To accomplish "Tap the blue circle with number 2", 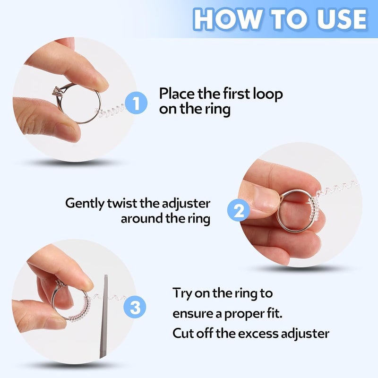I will tap(239, 210).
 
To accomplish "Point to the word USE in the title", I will tap(340, 19).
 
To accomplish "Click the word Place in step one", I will tap(178, 94).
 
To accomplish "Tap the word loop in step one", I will tap(268, 94).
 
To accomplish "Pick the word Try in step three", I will tap(182, 293).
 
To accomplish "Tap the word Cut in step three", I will tap(182, 333).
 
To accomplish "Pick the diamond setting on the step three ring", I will tap(60, 285).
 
